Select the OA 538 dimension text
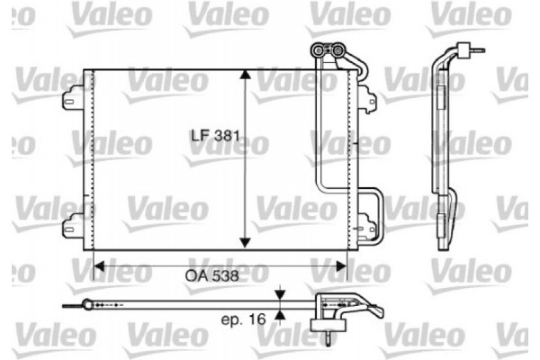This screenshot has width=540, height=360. coord(214,277)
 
